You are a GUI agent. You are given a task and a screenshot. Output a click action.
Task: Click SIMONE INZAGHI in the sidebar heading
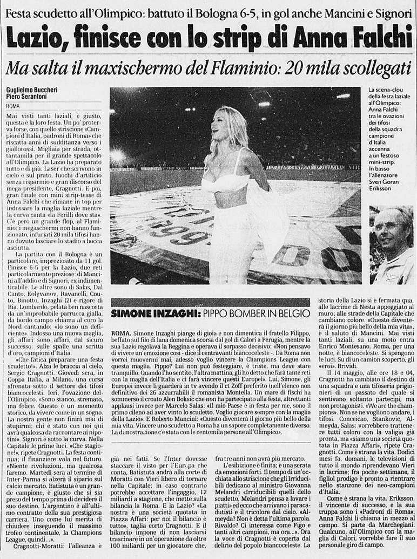point(141,313)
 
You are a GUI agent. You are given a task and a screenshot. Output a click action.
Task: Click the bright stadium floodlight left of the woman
point(118,156)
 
